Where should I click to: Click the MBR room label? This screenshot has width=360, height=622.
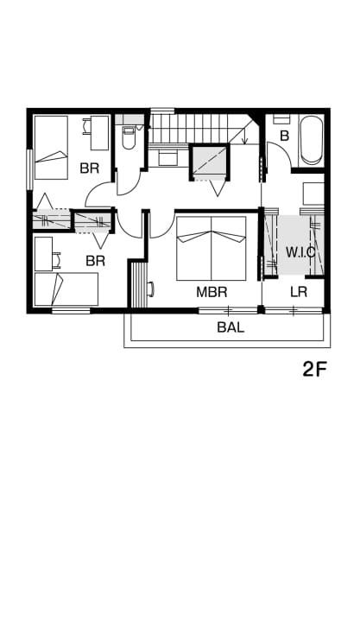(x=212, y=292)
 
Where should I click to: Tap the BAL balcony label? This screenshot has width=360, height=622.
(x=231, y=327)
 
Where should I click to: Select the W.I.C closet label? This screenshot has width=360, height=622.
(x=300, y=252)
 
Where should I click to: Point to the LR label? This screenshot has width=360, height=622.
(x=299, y=292)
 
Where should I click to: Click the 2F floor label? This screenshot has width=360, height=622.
(x=314, y=370)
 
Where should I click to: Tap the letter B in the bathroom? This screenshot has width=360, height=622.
(x=284, y=136)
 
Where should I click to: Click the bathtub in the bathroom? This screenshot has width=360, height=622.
(x=312, y=140)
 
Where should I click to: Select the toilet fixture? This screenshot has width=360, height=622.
(x=128, y=137)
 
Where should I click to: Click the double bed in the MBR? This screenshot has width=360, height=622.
(x=212, y=248)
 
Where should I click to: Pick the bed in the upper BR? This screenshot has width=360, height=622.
(x=51, y=147)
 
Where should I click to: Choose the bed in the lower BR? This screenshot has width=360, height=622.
(x=66, y=289)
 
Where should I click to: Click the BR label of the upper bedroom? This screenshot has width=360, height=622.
(x=89, y=168)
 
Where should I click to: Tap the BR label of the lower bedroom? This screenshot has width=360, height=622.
(x=96, y=261)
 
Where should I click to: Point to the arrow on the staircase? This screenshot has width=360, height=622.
(x=244, y=136)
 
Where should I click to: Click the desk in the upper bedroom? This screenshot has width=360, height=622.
(x=99, y=133)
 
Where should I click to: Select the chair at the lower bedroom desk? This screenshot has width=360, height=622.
(x=57, y=259)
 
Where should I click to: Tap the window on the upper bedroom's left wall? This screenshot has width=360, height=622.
(x=29, y=169)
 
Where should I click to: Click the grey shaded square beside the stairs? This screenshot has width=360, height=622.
(x=210, y=161)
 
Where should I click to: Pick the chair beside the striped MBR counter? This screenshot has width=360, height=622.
(x=151, y=289)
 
